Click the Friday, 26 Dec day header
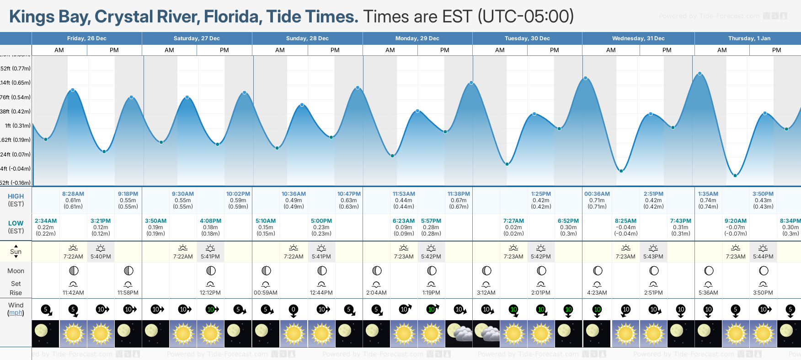pos(87,38)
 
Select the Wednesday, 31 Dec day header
pos(638,38)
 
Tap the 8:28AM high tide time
pos(73,194)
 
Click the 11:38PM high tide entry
pos(459,194)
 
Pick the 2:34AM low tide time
pos(46,221)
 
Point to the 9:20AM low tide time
pos(736,221)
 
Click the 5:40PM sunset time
pos(101,257)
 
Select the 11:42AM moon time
pos(73,293)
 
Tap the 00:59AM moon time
pos(266,293)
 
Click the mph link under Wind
pos(16,313)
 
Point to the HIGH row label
pos(16,196)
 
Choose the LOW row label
pos(16,223)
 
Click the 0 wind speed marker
pos(294,310)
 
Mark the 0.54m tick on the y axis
pos(16,97)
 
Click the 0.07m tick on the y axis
pos(16,155)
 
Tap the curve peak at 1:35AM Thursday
pos(700,74)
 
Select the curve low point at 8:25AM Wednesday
pos(621,171)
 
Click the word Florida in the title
pos(233,17)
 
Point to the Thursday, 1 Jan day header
pos(748,38)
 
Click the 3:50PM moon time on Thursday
pos(763,293)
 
